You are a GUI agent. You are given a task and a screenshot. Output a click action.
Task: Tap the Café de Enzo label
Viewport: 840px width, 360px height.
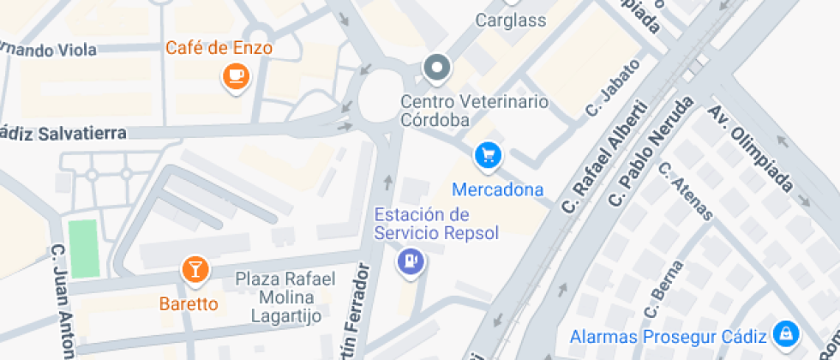pos(219,48)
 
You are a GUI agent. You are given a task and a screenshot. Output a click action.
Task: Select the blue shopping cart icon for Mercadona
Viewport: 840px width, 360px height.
pos(488,155)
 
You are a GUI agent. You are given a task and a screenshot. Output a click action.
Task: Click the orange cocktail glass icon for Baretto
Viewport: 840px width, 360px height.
pos(195,271)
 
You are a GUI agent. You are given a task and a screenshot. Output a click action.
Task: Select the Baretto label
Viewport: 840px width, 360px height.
pos(189,303)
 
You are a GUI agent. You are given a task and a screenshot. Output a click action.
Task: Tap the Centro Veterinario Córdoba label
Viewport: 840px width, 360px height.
pos(474,111)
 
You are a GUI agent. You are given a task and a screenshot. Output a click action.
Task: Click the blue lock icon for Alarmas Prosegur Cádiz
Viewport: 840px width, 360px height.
pos(784,333)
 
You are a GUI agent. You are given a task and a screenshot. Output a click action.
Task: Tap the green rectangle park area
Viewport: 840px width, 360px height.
pos(83,249)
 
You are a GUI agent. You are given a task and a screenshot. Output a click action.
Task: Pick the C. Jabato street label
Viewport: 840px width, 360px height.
pos(613,87)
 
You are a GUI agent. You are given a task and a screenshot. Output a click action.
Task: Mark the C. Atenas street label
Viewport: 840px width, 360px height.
pos(685,190)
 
